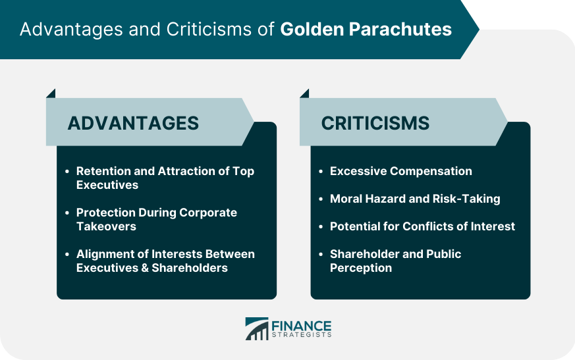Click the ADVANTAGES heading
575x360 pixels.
pyautogui.click(x=133, y=123)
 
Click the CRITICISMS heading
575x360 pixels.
pyautogui.click(x=375, y=123)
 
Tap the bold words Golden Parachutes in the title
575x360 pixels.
pyautogui.click(x=366, y=30)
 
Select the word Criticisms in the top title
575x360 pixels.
pyautogui.click(x=209, y=30)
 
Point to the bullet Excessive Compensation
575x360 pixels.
pyautogui.click(x=401, y=171)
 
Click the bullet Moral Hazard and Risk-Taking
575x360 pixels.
pyautogui.click(x=415, y=199)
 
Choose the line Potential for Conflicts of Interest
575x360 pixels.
pyautogui.click(x=422, y=226)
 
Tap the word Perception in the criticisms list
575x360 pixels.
pyautogui.click(x=361, y=268)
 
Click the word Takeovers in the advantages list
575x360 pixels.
pyautogui.click(x=106, y=226)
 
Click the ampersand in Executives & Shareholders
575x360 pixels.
pyautogui.click(x=145, y=268)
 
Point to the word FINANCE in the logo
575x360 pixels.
pyautogui.click(x=302, y=326)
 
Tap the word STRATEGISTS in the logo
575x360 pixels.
pyautogui.click(x=302, y=335)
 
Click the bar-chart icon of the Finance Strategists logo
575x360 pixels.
pyautogui.click(x=257, y=329)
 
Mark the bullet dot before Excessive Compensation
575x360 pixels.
pyautogui.click(x=321, y=172)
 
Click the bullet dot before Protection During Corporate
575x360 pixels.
pyautogui.click(x=67, y=213)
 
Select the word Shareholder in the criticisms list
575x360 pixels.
pyautogui.click(x=363, y=254)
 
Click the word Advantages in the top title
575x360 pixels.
pyautogui.click(x=71, y=30)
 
